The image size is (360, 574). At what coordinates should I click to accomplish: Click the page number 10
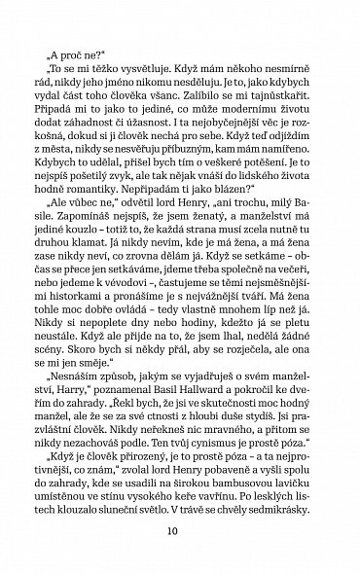[180, 532]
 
